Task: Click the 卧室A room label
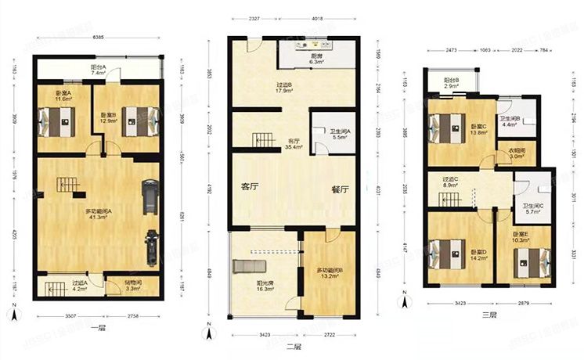coord(63,95)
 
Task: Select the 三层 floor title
coord(490,315)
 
